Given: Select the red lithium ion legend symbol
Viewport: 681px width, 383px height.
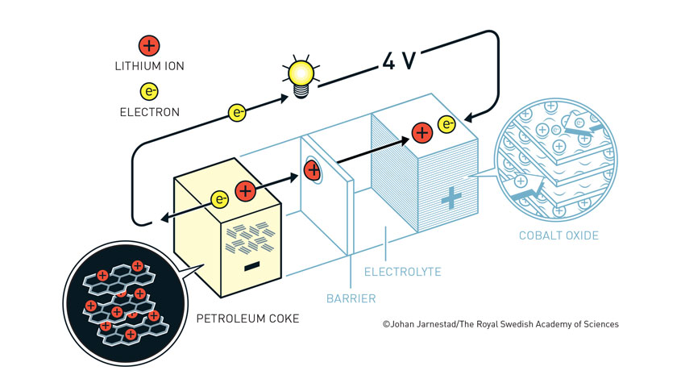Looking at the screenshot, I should click(x=149, y=46).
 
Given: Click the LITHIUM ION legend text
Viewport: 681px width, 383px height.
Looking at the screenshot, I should click(x=150, y=67).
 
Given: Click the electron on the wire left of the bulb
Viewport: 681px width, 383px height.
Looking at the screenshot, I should click(x=237, y=113).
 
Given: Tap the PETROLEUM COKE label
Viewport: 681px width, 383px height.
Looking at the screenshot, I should click(x=247, y=318).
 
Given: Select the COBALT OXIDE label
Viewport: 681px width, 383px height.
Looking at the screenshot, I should click(x=559, y=235).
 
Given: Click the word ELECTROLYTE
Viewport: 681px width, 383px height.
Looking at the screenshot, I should click(x=403, y=272).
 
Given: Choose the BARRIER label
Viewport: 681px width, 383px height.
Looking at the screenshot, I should click(x=351, y=298).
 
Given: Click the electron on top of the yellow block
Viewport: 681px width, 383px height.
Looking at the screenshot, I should click(x=219, y=198).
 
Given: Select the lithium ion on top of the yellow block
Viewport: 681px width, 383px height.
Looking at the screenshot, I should click(x=246, y=192).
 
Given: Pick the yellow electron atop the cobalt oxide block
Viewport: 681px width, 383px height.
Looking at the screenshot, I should click(x=446, y=124).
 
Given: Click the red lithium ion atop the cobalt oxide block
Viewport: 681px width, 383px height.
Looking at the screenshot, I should click(x=421, y=132).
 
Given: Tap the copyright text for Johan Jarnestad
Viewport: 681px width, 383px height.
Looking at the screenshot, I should click(x=500, y=324).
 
